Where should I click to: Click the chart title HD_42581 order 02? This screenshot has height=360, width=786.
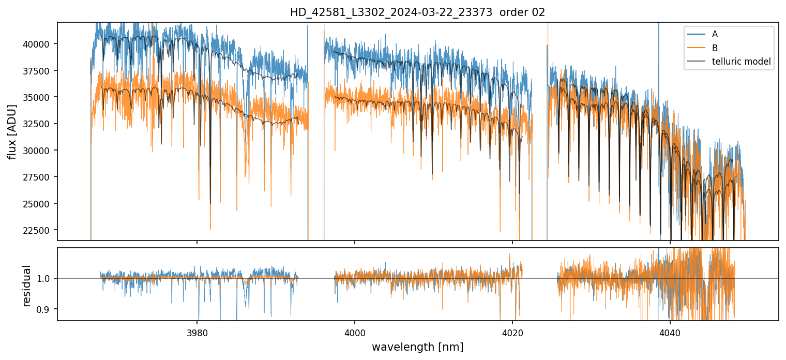417,12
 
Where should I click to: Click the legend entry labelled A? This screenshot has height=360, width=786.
715,34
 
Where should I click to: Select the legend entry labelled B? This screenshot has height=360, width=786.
715,48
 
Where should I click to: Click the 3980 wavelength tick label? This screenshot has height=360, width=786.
197,331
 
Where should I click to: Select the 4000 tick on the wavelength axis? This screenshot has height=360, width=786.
355,331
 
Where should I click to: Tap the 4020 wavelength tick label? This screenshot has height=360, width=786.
512,331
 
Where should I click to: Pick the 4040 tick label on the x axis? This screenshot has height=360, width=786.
670,331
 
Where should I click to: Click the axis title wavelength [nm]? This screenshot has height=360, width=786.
417,347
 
